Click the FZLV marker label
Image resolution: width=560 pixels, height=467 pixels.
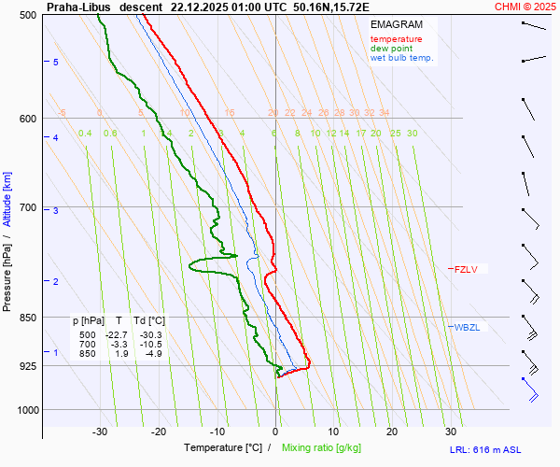click(466, 270)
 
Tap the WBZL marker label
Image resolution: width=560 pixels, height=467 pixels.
click(467, 327)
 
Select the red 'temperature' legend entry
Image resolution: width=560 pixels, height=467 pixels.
click(396, 39)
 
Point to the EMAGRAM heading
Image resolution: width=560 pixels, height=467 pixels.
click(396, 25)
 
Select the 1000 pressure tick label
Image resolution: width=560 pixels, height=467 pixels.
click(28, 409)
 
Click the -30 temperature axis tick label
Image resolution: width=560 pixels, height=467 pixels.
click(100, 432)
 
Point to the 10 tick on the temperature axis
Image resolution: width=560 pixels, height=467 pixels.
click(333, 432)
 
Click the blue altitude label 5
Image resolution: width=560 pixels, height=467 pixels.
click(55, 62)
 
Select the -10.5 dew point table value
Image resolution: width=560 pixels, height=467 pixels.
click(150, 344)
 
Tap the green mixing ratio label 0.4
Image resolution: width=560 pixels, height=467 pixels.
click(85, 134)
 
